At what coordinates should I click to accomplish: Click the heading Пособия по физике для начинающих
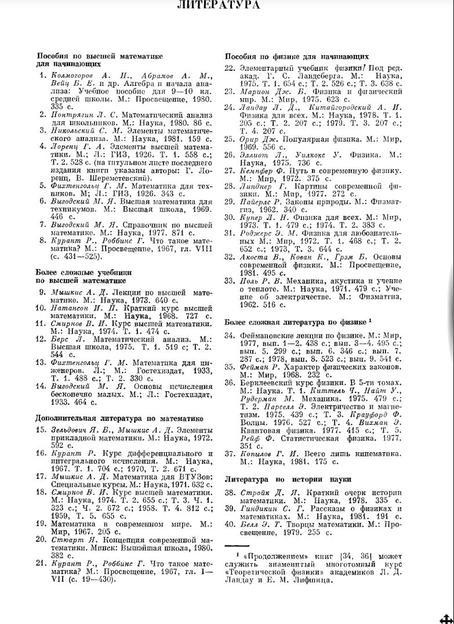coord(296,57)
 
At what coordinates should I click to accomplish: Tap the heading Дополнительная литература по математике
coord(119,418)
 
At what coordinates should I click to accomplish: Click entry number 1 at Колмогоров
coord(42,76)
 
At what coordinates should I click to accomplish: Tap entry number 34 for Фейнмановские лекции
coord(229,336)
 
